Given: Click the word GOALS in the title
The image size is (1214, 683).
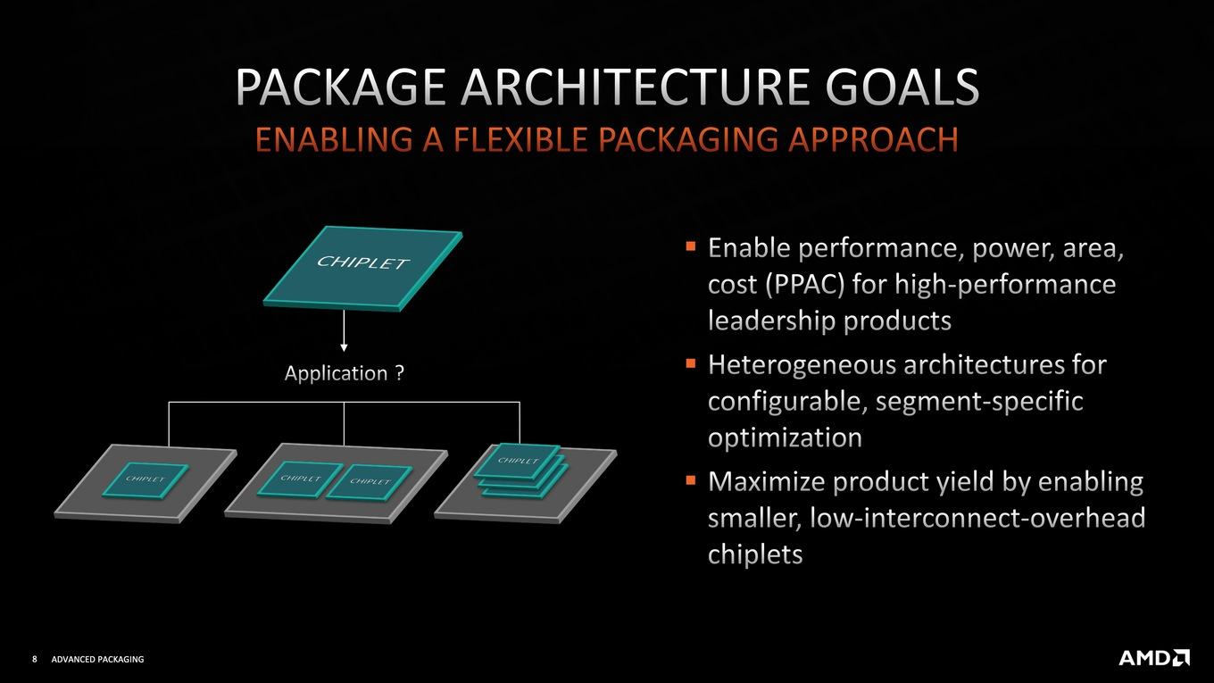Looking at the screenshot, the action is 902,87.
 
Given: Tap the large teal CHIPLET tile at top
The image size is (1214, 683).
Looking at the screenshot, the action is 362,269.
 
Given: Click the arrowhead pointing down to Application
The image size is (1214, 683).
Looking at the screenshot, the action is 344,347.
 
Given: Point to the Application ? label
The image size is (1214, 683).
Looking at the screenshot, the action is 345,373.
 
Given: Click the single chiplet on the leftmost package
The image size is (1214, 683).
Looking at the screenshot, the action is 146,479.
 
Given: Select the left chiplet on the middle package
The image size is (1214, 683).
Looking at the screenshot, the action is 300,479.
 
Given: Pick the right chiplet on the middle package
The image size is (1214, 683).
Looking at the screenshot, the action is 369,481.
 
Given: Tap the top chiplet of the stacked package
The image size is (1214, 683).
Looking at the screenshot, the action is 518,461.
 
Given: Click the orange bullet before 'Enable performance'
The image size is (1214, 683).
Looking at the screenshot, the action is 691,246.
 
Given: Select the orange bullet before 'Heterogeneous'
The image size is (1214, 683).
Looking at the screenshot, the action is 691,363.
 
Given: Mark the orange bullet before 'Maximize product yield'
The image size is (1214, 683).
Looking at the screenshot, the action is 691,479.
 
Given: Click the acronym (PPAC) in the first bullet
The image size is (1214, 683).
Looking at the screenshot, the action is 805,285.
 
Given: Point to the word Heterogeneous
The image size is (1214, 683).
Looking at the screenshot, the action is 802,365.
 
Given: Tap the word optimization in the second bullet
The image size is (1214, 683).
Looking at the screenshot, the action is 785,437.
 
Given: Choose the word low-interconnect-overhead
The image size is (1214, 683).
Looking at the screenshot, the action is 977,518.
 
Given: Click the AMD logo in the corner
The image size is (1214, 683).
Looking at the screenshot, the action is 1154,658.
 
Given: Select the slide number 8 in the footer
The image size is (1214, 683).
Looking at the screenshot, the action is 35,659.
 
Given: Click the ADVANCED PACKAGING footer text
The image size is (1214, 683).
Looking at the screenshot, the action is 97,659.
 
